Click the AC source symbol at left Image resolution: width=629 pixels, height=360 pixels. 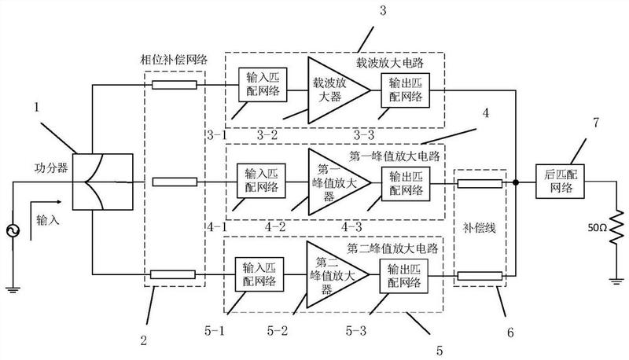[x=13, y=231]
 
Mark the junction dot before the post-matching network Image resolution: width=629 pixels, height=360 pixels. [x=515, y=182]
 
